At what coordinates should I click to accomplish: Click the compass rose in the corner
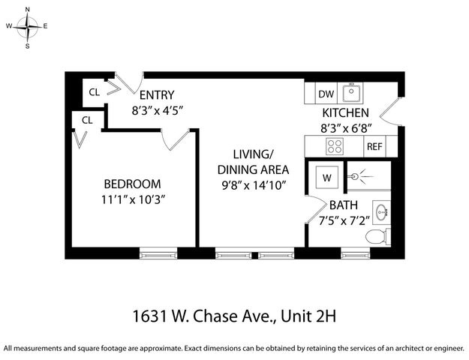click(28, 28)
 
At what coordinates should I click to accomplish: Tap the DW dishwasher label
click(326, 94)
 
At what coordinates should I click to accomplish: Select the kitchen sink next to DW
click(351, 94)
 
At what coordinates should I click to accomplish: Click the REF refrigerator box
click(374, 146)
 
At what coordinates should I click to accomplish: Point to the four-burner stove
click(334, 147)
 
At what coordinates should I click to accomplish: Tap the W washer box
click(326, 178)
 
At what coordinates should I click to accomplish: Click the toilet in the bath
click(376, 236)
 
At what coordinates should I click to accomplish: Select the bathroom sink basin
click(381, 211)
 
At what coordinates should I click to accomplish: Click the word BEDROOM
click(132, 184)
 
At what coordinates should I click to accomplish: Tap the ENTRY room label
click(157, 94)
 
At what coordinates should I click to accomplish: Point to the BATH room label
click(343, 204)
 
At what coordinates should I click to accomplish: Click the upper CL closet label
click(95, 93)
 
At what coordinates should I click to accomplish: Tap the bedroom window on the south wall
click(158, 254)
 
